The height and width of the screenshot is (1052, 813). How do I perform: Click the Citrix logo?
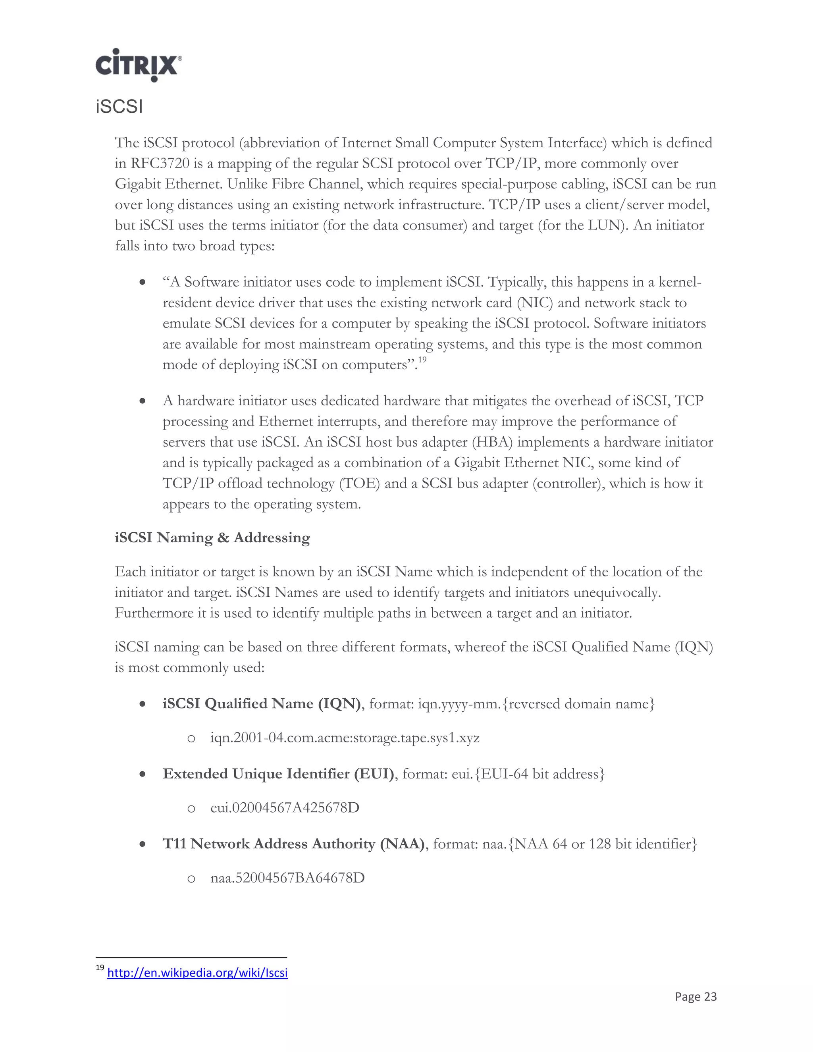[138, 65]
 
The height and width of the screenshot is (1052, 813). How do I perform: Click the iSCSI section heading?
[119, 107]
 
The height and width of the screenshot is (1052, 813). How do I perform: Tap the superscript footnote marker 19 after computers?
[422, 360]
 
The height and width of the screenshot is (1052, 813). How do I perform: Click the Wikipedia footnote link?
[197, 973]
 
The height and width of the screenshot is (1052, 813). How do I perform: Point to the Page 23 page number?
[695, 996]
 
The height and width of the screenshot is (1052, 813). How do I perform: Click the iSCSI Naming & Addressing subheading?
[212, 538]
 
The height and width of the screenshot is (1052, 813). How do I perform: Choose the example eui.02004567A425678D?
[285, 808]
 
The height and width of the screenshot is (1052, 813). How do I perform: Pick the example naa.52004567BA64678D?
[287, 878]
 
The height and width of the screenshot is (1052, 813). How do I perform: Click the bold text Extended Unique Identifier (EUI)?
[278, 774]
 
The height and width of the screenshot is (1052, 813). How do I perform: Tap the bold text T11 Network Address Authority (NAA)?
[294, 844]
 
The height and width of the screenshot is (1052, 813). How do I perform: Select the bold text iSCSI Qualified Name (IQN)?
[262, 704]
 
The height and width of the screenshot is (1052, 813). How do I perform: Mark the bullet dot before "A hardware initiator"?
[143, 401]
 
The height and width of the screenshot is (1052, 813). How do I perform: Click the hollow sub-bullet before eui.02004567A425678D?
[191, 809]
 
